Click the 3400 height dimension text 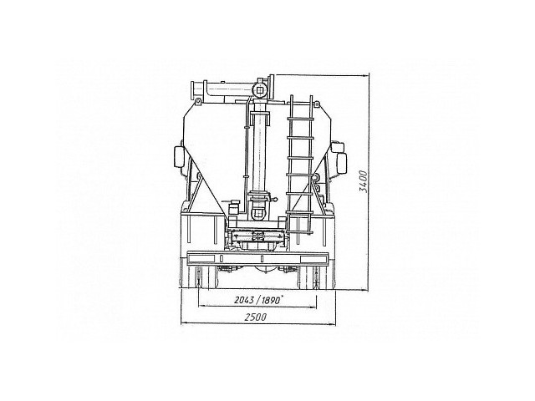[364, 182]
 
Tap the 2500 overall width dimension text [255, 317]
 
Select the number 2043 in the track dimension [244, 300]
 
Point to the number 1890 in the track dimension [272, 300]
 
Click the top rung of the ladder [300, 118]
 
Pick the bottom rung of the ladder [300, 232]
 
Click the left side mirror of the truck [179, 157]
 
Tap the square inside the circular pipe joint [261, 90]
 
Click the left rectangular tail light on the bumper [202, 259]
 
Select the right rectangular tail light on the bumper [313, 259]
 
